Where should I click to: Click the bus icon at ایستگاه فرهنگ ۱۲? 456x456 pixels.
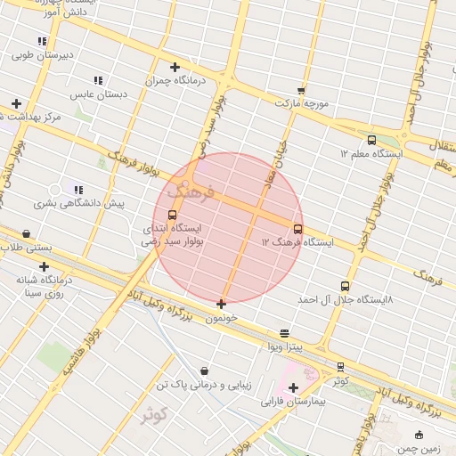(x=297, y=229)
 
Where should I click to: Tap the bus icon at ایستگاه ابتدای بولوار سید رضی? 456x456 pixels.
(x=172, y=215)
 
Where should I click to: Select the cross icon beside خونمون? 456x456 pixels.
(x=222, y=304)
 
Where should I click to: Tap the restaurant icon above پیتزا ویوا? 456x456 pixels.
(x=284, y=332)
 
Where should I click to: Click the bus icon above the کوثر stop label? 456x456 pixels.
(x=340, y=367)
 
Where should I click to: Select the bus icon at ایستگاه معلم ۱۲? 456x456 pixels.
(x=371, y=140)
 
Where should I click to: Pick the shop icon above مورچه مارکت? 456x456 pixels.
(x=301, y=90)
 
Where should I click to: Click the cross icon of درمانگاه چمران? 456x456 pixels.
(x=175, y=67)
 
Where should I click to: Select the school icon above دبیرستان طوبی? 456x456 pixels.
(x=42, y=41)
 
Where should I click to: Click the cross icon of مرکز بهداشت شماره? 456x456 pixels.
(x=16, y=103)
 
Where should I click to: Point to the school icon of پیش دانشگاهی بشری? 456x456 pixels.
(x=78, y=189)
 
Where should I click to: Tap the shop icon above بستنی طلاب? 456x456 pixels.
(x=26, y=234)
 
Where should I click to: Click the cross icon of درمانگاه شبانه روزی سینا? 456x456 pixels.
(x=44, y=266)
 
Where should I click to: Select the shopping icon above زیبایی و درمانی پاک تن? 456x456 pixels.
(x=205, y=370)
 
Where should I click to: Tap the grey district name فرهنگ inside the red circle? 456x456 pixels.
(x=191, y=190)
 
